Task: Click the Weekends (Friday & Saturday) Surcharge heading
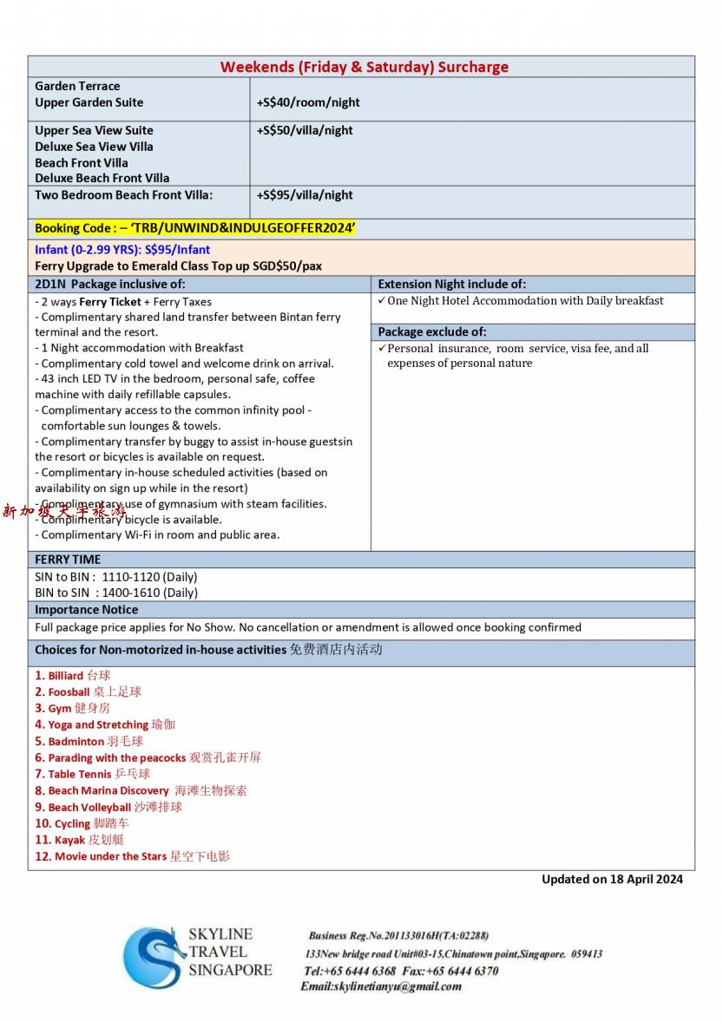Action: [x=364, y=67]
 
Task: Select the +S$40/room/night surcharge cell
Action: [x=308, y=102]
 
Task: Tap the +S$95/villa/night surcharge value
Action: [x=305, y=195]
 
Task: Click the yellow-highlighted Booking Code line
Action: [x=195, y=228]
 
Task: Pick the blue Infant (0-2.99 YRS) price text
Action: [x=122, y=250]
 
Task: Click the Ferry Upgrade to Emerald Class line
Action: [x=178, y=266]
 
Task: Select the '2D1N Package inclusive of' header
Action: [x=110, y=284]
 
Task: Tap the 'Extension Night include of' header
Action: [x=451, y=284]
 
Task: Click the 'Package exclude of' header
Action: [x=431, y=332]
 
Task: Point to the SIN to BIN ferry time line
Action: [x=115, y=577]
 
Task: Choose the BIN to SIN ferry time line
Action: [x=115, y=593]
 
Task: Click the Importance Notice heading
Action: [x=86, y=610]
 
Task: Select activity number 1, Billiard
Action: [x=73, y=675]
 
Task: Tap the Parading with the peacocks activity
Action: [x=148, y=757]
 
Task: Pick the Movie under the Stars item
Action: [x=133, y=856]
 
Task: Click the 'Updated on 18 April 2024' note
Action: [x=612, y=879]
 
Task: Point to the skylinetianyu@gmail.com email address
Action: [x=381, y=986]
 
